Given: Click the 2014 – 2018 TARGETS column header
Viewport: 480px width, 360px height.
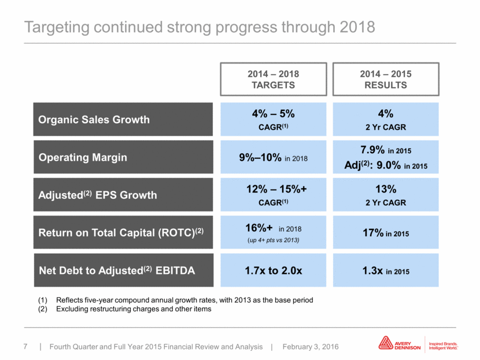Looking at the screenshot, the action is coord(274,79).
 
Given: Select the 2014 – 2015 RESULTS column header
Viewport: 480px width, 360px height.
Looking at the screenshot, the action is coord(386,79).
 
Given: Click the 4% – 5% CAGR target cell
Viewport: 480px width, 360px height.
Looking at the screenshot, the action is coord(274,119).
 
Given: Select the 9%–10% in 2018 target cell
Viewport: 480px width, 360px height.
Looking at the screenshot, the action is coord(274,157).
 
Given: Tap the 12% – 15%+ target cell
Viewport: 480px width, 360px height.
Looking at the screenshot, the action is coord(274,195).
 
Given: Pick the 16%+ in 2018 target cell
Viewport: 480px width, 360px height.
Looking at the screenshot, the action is coord(274,232).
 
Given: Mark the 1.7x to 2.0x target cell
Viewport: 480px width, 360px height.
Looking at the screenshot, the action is coord(274,270).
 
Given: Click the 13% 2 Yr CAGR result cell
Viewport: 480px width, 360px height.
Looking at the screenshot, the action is coord(386,195).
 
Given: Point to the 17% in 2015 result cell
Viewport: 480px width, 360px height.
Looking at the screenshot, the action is coord(386,232).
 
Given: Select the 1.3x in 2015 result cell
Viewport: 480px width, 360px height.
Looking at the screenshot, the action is coord(386,270).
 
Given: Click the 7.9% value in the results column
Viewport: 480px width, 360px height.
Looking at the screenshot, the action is coord(372,150).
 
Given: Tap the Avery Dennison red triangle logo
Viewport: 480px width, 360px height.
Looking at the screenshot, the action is coord(385,343).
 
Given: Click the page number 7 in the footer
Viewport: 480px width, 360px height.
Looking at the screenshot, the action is coord(25,347).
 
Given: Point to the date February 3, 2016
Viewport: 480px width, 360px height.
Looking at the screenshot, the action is coord(311,347).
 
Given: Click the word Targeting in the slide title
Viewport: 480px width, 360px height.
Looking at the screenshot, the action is coord(56,28).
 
